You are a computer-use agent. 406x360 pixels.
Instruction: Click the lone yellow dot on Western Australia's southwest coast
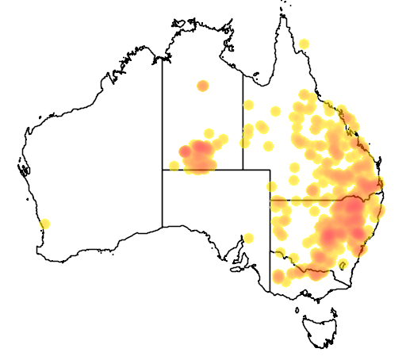tap(44, 224)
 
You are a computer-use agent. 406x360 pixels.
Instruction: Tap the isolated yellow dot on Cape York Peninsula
tap(304, 43)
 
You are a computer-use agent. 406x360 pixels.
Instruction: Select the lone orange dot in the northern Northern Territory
tap(202, 86)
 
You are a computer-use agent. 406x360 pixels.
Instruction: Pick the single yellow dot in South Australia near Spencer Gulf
tap(248, 238)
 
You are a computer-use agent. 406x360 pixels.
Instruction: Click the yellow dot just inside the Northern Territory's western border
tap(174, 166)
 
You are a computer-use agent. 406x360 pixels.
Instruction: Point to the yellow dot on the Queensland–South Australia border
tap(271, 187)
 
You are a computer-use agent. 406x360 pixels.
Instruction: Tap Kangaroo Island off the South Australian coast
tap(236, 267)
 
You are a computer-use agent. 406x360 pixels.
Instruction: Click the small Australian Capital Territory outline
tap(343, 264)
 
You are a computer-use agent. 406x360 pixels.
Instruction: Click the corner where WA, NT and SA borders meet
tap(163, 169)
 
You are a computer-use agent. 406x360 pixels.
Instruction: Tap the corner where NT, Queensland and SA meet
tap(243, 169)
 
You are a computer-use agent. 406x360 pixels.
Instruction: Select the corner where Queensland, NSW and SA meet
tap(270, 200)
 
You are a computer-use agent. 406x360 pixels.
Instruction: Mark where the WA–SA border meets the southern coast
tap(163, 227)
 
